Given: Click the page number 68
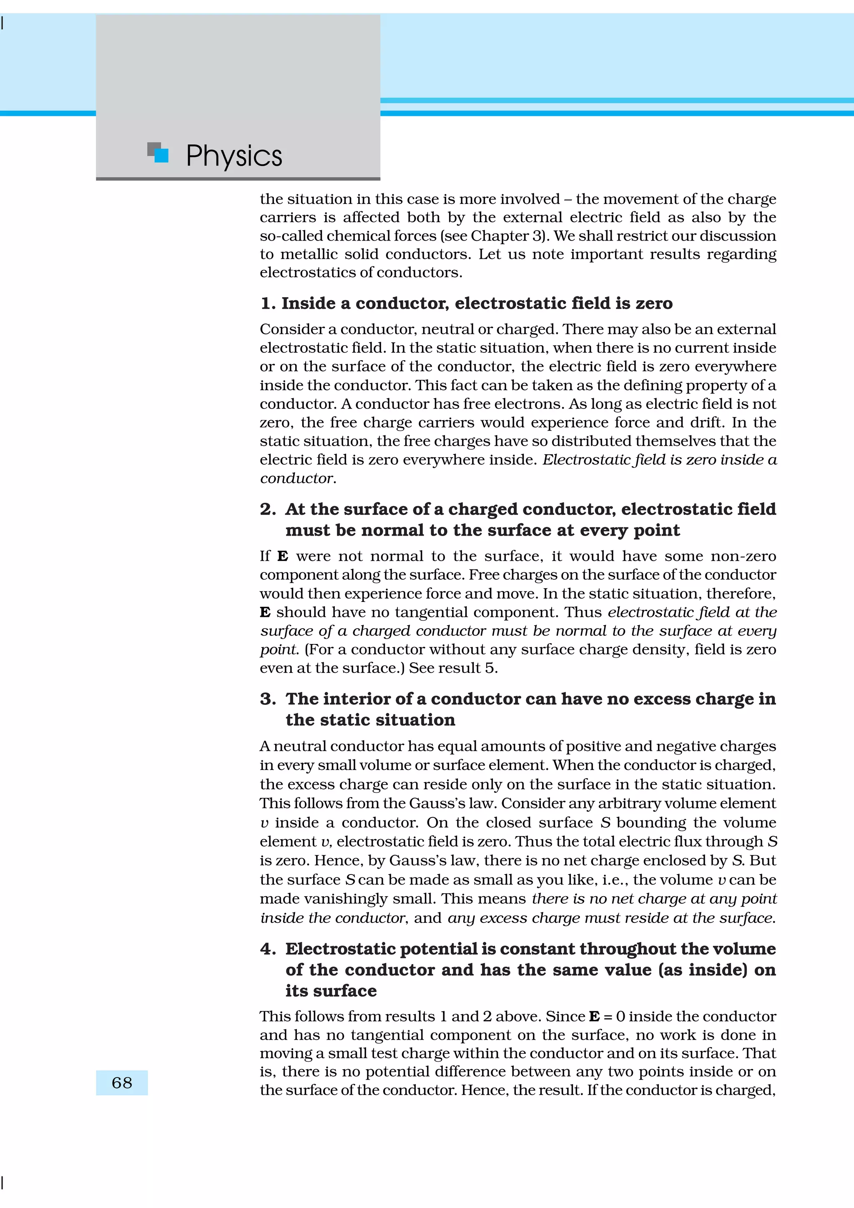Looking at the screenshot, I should click(121, 1082).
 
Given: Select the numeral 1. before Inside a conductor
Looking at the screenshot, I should click(269, 303).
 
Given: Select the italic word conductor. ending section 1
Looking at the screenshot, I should click(298, 478).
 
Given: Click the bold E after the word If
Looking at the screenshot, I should click(283, 556).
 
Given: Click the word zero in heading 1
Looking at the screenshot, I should click(654, 303).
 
